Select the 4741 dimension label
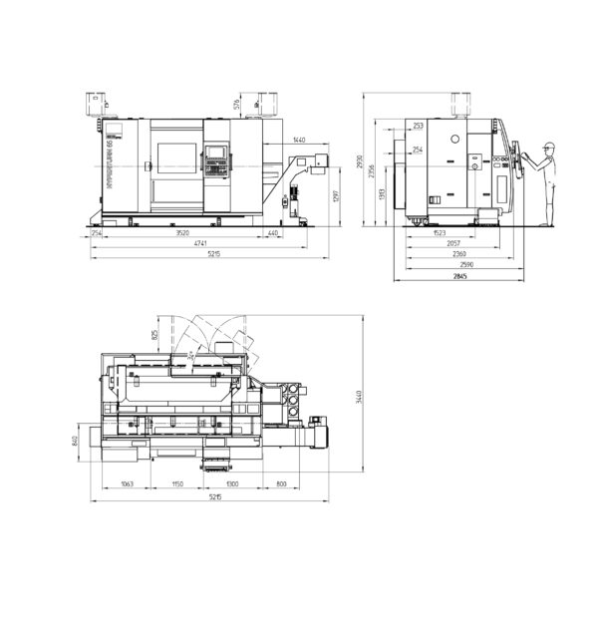pyautogui.click(x=200, y=243)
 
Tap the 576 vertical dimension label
pyautogui.click(x=236, y=104)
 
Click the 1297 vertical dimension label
pyautogui.click(x=338, y=195)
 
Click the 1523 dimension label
pyautogui.click(x=440, y=233)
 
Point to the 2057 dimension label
pyautogui.click(x=453, y=243)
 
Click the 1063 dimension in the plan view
pyautogui.click(x=127, y=483)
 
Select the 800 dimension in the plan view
pyautogui.click(x=280, y=483)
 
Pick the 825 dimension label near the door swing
pyautogui.click(x=153, y=335)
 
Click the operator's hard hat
pyautogui.click(x=547, y=147)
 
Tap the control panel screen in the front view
pyautogui.click(x=215, y=155)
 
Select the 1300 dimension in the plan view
pyautogui.click(x=232, y=483)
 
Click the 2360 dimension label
pyautogui.click(x=458, y=254)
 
